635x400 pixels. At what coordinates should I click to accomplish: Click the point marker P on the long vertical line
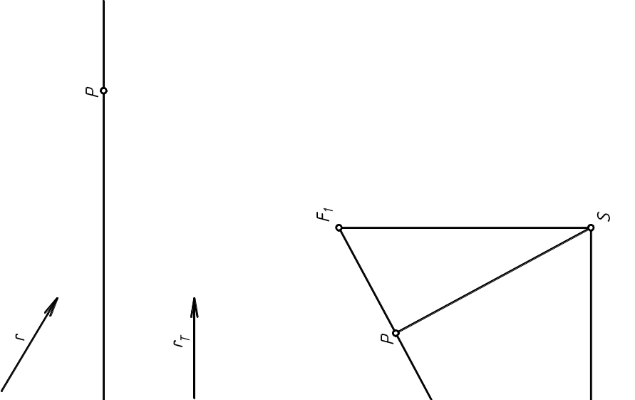pos(103,91)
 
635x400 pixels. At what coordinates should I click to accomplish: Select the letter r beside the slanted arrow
pos(20,337)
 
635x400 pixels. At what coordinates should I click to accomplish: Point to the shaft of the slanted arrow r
pos(29,344)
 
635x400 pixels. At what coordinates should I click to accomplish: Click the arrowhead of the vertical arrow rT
pos(195,307)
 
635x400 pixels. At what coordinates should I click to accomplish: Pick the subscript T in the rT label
pos(185,339)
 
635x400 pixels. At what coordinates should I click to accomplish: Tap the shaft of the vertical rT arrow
pos(195,348)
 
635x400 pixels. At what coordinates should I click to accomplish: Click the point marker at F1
pos(339,227)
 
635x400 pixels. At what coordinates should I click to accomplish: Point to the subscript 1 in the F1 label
pos(329,210)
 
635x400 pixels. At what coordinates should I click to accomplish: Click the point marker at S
pos(591,227)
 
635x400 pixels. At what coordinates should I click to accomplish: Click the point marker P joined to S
pos(396,333)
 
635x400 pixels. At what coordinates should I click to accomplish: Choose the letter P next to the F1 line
pos(388,339)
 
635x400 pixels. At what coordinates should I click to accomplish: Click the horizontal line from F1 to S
pos(465,227)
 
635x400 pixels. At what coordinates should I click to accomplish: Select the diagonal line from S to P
pos(493,280)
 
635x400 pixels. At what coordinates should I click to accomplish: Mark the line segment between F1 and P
pos(367,280)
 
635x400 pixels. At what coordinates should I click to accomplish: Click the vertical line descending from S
pos(591,314)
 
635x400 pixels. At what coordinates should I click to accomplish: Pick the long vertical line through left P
pos(103,200)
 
